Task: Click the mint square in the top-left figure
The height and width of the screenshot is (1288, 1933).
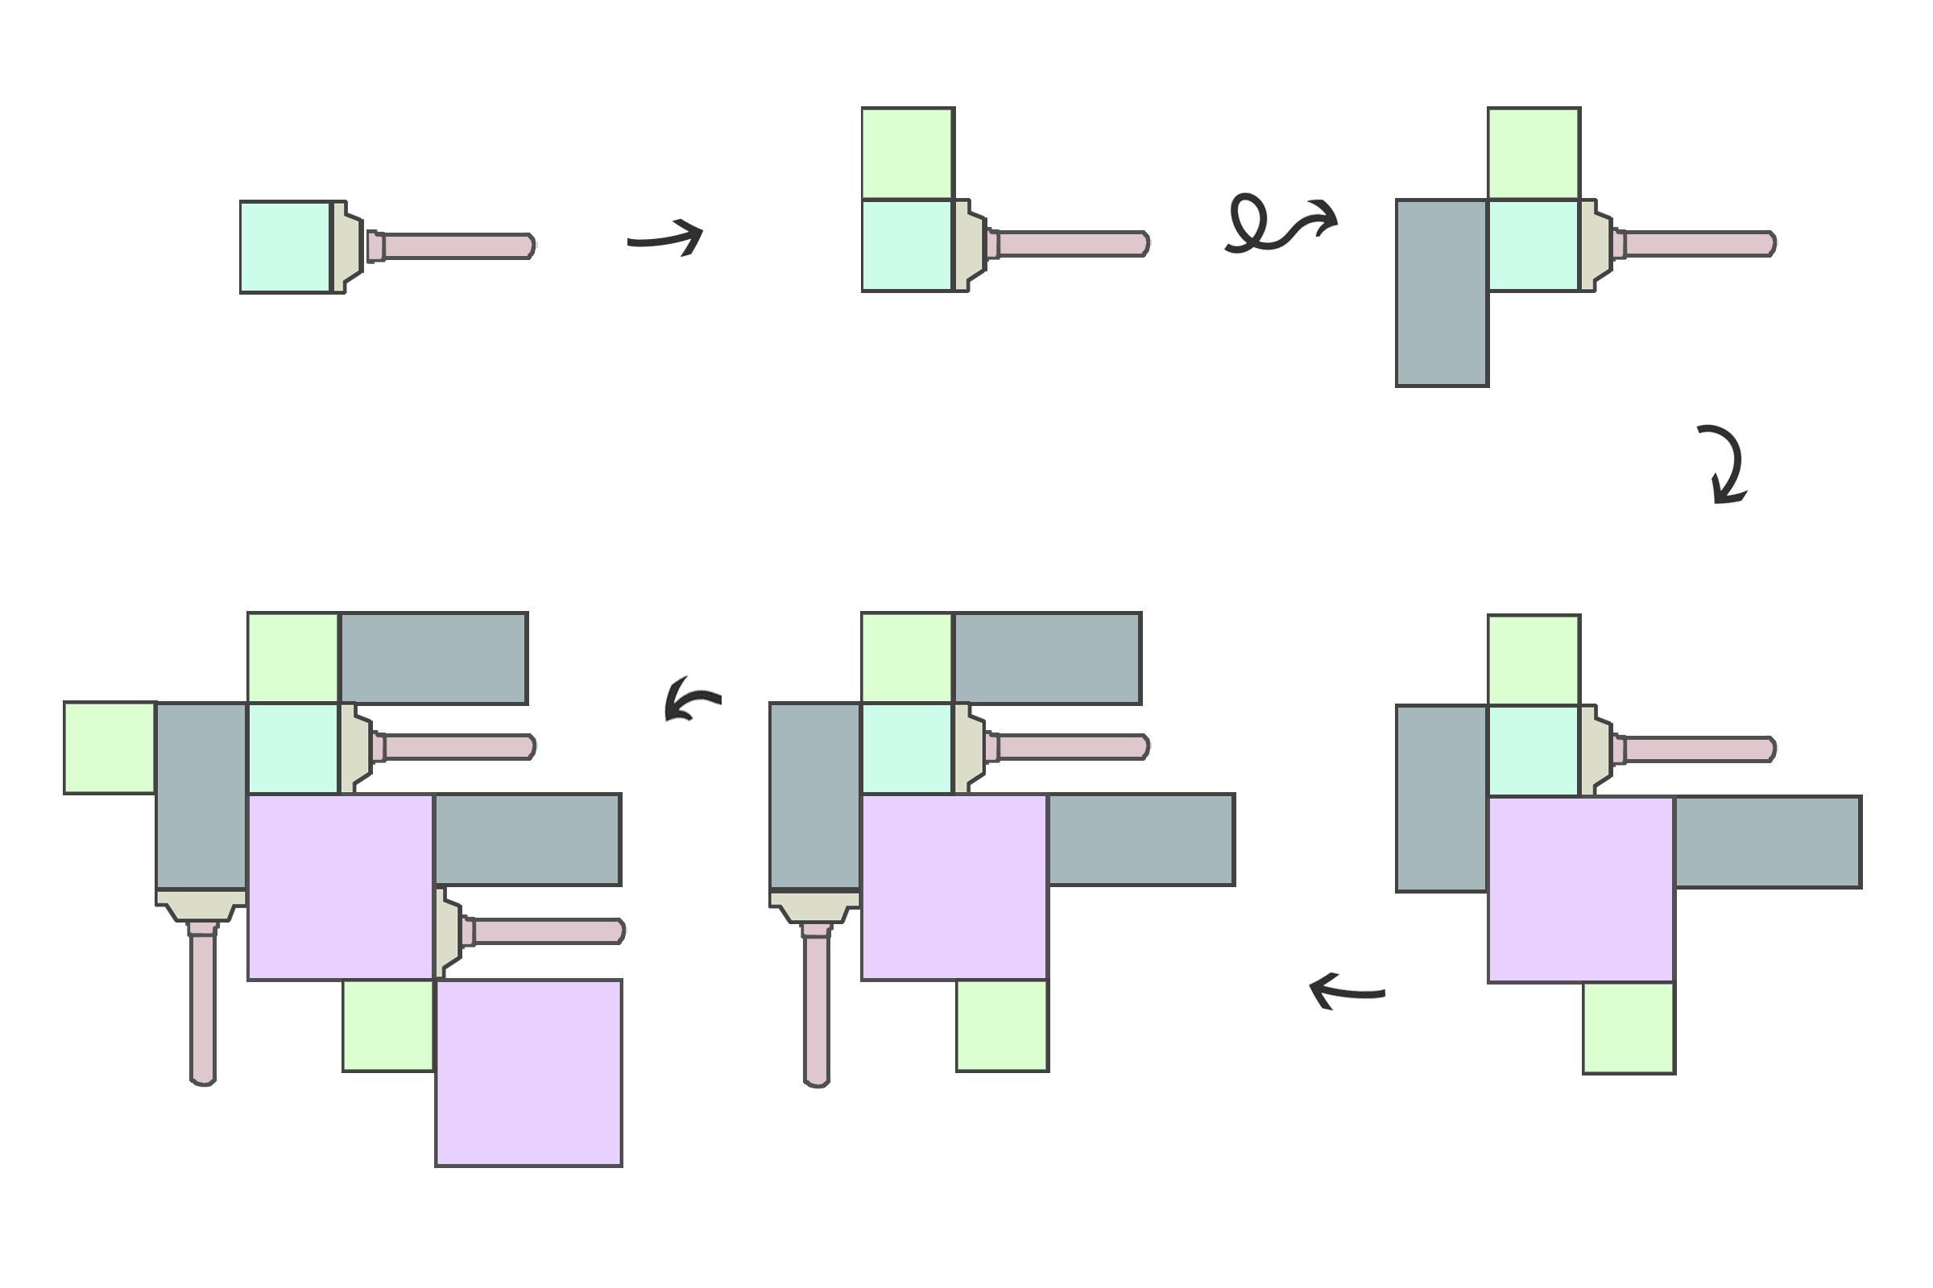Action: pos(285,246)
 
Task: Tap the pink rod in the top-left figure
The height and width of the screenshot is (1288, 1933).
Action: pos(456,246)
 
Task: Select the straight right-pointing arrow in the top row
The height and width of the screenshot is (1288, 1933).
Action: pos(666,237)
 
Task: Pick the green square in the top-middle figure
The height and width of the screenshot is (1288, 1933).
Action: pos(908,154)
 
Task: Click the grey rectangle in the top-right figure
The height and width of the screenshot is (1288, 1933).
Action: pos(1442,292)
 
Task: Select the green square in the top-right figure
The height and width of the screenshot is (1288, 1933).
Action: pos(1534,154)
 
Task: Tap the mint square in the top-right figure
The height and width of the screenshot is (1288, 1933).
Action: pos(1534,245)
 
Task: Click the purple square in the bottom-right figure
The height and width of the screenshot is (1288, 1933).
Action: pos(1581,890)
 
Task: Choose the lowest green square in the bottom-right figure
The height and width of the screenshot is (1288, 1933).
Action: pos(1629,1028)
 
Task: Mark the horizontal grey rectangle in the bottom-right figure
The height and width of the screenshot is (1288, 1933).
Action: pos(1768,842)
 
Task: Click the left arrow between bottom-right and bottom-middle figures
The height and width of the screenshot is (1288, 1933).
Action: pos(1346,990)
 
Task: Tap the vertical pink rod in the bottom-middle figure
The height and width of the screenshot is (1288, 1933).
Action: pos(816,1006)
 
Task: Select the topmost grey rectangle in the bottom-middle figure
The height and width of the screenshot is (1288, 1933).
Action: pos(1047,658)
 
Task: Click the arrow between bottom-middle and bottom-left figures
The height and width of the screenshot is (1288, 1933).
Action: pos(692,699)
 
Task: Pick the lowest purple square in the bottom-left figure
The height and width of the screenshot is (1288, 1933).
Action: pos(528,1073)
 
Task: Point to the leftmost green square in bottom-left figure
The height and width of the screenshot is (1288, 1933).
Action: pos(110,748)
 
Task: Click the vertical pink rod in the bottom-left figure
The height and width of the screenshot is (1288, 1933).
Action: pos(203,1005)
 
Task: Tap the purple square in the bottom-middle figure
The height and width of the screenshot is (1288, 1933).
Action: pos(954,887)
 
